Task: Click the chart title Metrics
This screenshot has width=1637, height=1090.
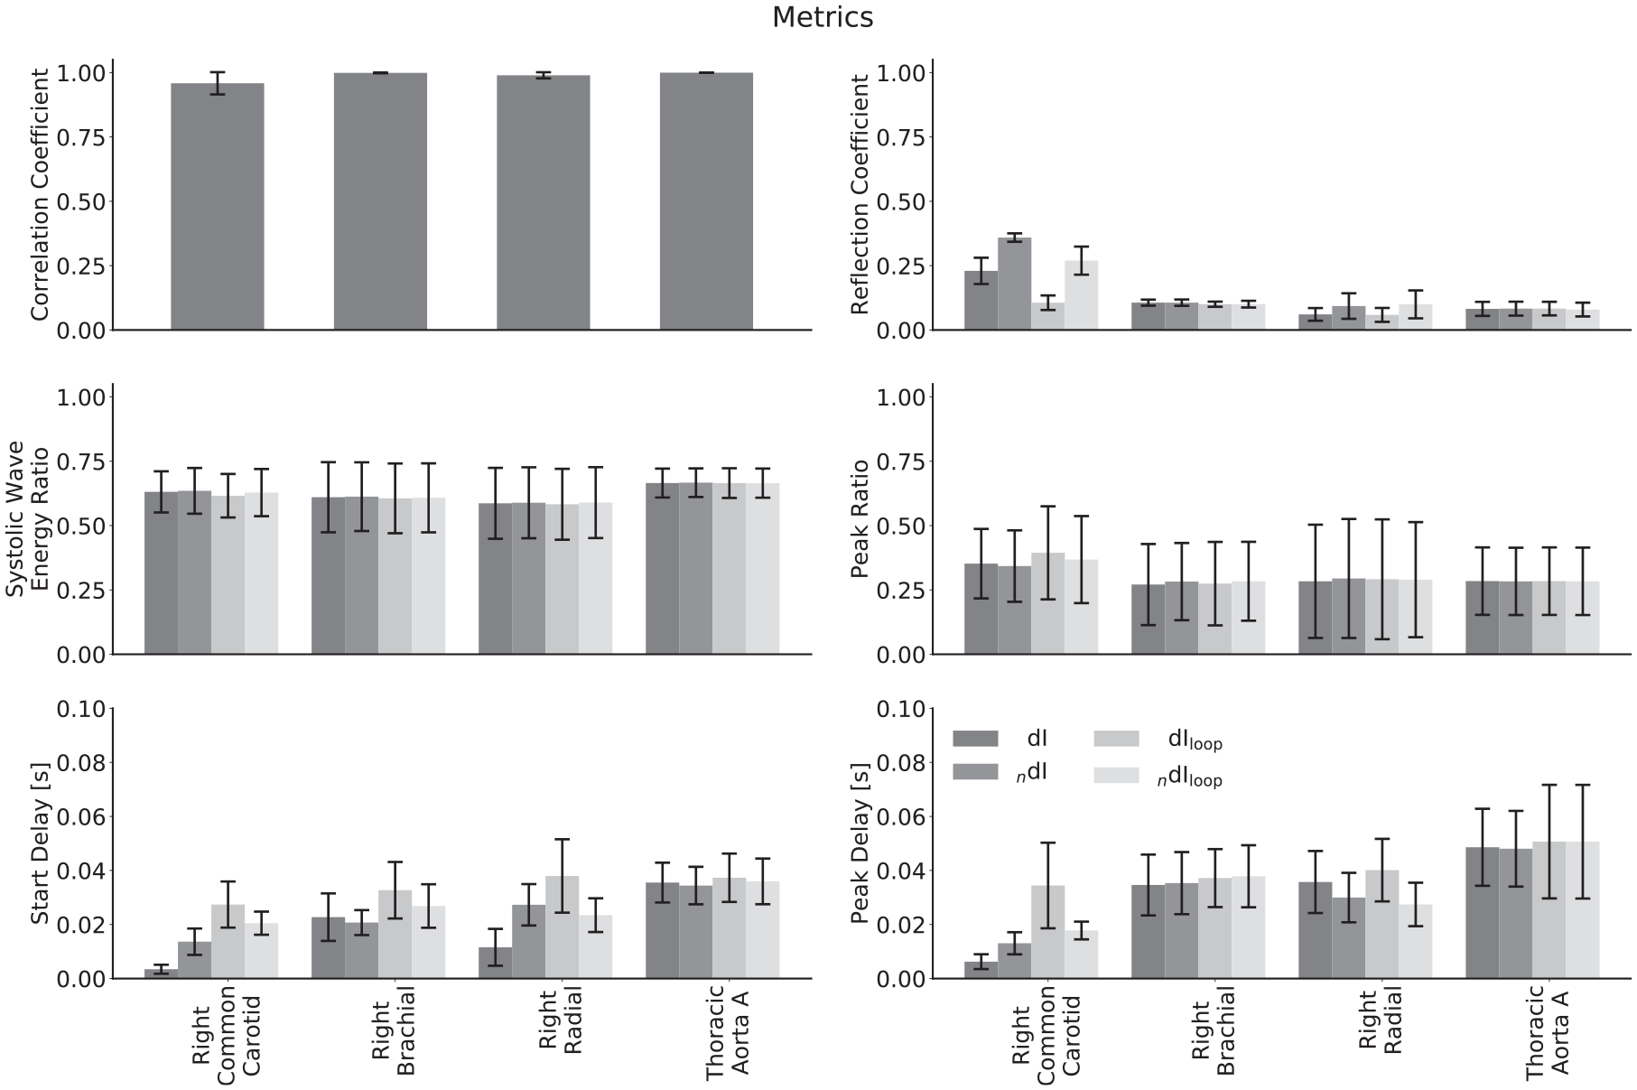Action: coord(822,17)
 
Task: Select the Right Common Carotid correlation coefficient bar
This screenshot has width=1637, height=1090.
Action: coord(218,207)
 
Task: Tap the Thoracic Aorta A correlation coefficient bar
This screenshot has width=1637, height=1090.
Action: coord(706,201)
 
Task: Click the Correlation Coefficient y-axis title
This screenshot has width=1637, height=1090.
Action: coord(40,198)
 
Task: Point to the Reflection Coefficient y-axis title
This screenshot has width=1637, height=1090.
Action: coord(860,194)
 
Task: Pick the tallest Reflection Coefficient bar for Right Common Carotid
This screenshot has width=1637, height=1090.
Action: coord(1014,284)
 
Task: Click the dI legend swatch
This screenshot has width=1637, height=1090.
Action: coord(975,739)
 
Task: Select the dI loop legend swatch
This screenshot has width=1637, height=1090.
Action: coord(1116,739)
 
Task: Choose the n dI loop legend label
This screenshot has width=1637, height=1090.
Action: coord(1190,777)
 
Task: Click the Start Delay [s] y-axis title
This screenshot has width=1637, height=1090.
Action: coord(40,843)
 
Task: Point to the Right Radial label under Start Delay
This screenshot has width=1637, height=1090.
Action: coord(560,1031)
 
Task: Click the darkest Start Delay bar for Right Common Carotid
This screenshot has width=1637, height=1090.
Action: coord(161,974)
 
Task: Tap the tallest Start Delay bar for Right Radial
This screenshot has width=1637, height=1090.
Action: coord(562,927)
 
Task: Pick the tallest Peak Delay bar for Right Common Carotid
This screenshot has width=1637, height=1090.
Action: coord(1047,932)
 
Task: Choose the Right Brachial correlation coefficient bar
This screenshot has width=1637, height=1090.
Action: coord(380,201)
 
